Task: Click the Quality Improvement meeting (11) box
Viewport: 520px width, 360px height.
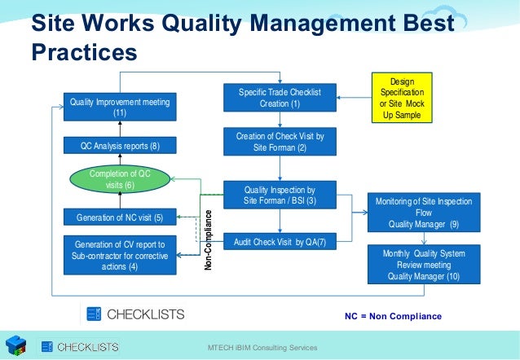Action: coord(120,107)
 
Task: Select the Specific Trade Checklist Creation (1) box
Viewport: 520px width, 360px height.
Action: coord(280,99)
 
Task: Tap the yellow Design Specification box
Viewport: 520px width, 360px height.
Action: coord(403,99)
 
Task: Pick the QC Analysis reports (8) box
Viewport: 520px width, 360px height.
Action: coord(120,147)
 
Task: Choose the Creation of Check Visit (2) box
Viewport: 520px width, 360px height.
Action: coord(280,142)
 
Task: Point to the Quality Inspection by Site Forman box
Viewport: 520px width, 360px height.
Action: coord(280,195)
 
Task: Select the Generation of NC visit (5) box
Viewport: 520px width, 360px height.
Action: coord(120,217)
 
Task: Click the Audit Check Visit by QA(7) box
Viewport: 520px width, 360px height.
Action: coord(280,242)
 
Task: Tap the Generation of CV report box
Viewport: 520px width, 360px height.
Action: coord(120,255)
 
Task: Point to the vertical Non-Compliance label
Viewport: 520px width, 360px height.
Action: coord(209,241)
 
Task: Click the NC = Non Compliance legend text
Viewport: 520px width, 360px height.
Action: coord(393,316)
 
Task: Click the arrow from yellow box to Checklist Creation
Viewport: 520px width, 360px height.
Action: coord(351,99)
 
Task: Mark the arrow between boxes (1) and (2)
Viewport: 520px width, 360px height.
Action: coord(280,120)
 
